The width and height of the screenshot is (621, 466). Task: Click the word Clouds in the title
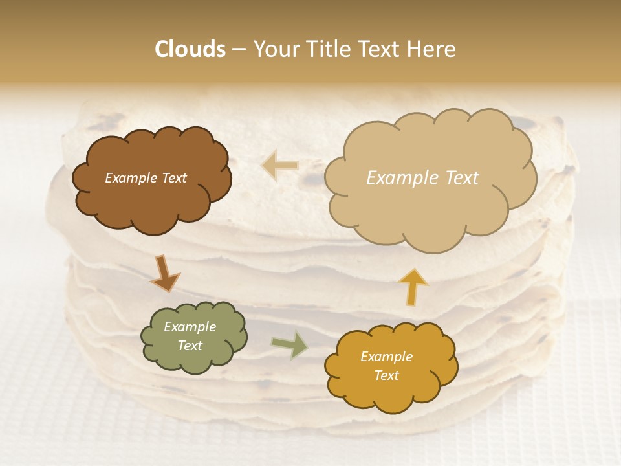[190, 49]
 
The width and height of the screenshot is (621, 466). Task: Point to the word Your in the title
[275, 49]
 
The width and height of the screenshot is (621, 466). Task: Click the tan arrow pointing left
[280, 165]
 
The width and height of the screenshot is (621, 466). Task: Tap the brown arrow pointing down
[165, 273]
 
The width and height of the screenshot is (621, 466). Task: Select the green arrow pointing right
[289, 344]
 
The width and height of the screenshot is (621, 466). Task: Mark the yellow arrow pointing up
[413, 287]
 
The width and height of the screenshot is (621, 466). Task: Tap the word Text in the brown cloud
[174, 178]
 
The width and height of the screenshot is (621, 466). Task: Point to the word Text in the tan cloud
[461, 178]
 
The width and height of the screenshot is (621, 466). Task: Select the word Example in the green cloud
[190, 327]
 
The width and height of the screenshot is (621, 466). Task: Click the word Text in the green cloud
[190, 346]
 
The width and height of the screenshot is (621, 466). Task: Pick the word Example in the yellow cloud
[386, 357]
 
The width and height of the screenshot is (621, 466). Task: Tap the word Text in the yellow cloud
[386, 375]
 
